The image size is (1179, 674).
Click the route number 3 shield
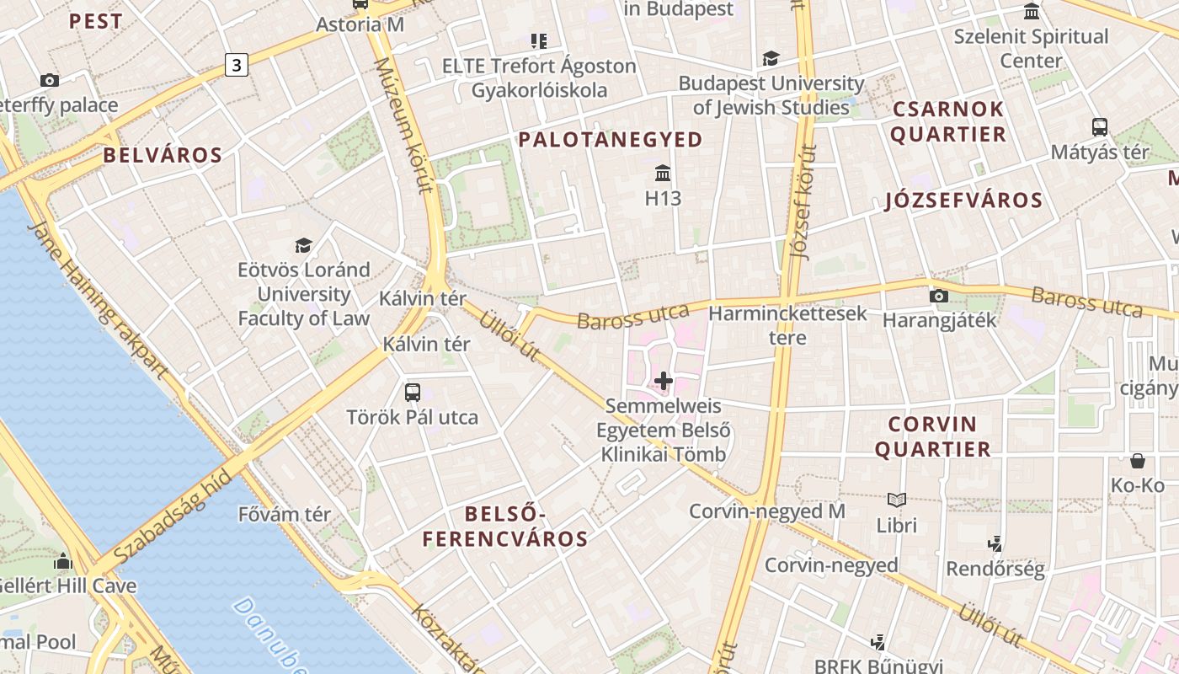237,64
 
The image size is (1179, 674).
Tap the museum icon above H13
663,174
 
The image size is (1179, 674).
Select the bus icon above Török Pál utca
413,392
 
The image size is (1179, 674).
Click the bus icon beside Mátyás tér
1099,127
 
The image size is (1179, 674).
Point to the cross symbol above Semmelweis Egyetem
664,381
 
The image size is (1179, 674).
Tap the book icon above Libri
897,500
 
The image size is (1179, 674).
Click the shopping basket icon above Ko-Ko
1137,461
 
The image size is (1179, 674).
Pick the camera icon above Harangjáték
938,296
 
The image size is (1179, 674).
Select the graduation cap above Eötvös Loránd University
303,245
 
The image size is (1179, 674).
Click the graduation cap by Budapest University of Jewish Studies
771,58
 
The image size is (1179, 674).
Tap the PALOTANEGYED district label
611,140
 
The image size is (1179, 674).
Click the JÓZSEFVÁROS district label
964,201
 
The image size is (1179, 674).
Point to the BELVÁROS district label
163,155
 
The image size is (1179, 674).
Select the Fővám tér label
285,514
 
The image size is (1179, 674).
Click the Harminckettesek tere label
787,325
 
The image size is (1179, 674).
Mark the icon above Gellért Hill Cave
63,562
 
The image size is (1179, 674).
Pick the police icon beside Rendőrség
995,544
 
